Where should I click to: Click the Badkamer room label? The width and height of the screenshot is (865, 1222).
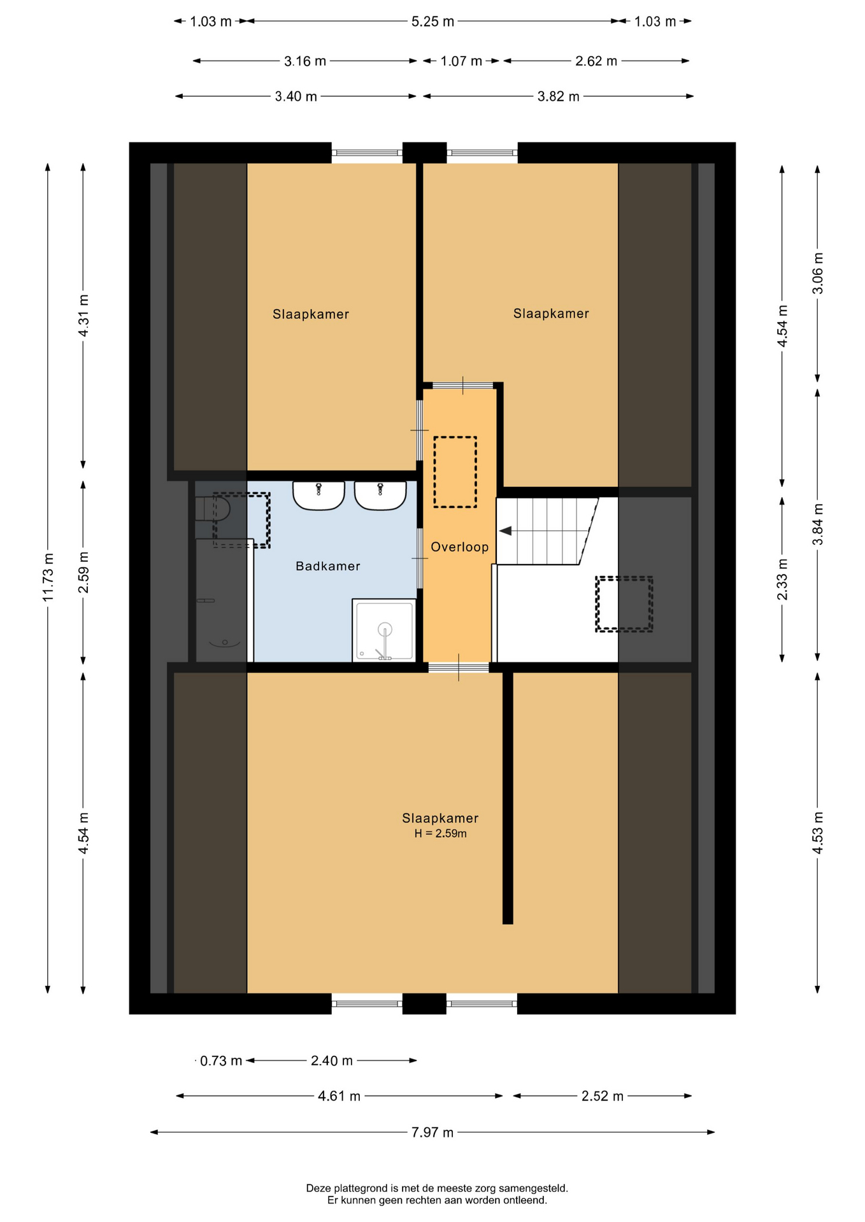[328, 566]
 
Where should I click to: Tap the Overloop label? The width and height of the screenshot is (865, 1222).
[459, 547]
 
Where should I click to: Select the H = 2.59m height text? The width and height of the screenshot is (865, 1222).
[440, 834]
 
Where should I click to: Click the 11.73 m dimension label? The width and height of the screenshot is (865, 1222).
[48, 577]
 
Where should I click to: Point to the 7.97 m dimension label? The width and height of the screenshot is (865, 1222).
[432, 1132]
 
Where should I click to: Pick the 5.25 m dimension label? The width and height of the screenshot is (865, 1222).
[432, 22]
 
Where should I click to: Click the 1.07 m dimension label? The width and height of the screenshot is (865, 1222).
[461, 61]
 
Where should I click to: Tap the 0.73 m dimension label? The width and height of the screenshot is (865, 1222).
[221, 1061]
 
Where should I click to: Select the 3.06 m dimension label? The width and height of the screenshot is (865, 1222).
[818, 274]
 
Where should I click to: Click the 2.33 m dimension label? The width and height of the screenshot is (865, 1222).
[782, 579]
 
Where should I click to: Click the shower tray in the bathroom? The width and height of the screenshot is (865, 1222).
[384, 630]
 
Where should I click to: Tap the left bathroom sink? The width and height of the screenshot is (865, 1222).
[318, 495]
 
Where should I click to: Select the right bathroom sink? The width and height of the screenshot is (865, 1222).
[380, 495]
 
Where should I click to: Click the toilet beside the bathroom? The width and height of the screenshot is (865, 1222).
[213, 509]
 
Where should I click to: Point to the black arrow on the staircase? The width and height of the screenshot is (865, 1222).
[505, 531]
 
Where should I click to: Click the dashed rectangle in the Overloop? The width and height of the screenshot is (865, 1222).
[455, 472]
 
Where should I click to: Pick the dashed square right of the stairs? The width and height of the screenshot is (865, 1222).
[624, 604]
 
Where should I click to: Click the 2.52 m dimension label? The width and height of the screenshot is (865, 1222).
[603, 1096]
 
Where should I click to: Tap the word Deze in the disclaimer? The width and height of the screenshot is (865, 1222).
[319, 1188]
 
